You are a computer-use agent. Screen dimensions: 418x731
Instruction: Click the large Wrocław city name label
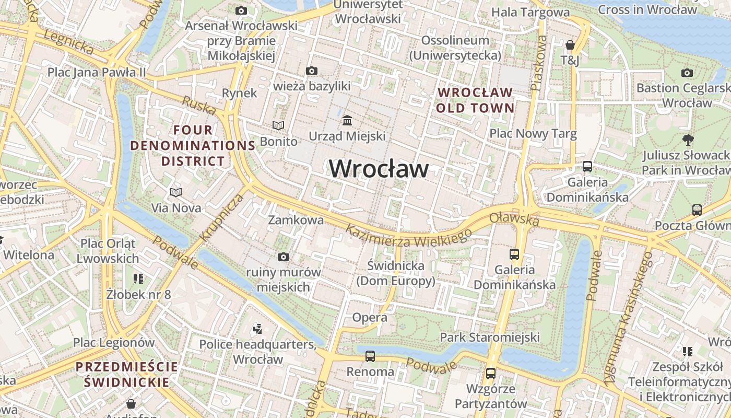(x=379, y=169)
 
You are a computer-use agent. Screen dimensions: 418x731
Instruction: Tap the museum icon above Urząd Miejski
(x=347, y=121)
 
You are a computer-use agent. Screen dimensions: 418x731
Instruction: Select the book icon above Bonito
(x=279, y=126)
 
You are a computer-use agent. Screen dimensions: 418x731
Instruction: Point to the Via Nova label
(x=176, y=208)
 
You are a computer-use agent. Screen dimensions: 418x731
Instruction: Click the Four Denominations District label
(x=193, y=145)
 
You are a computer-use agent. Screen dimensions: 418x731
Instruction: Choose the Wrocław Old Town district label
(x=476, y=100)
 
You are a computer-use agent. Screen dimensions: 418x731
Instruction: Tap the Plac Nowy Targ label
(x=533, y=134)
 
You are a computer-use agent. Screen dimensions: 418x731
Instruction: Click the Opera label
(x=370, y=317)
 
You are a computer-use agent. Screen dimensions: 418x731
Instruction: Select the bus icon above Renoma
(x=370, y=356)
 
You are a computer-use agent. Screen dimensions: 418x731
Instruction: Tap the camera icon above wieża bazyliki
(x=312, y=71)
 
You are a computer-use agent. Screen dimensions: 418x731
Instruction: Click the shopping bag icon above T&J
(x=570, y=45)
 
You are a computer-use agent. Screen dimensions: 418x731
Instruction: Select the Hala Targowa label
(x=530, y=12)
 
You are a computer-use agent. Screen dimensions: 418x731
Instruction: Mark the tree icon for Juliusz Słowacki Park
(x=688, y=140)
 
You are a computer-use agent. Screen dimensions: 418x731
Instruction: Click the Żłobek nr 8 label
(x=138, y=294)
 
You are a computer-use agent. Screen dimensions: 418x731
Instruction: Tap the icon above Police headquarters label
(x=257, y=329)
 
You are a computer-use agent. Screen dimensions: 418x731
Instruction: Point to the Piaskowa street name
(x=538, y=63)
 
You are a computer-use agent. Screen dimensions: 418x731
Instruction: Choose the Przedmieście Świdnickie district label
(x=126, y=374)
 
